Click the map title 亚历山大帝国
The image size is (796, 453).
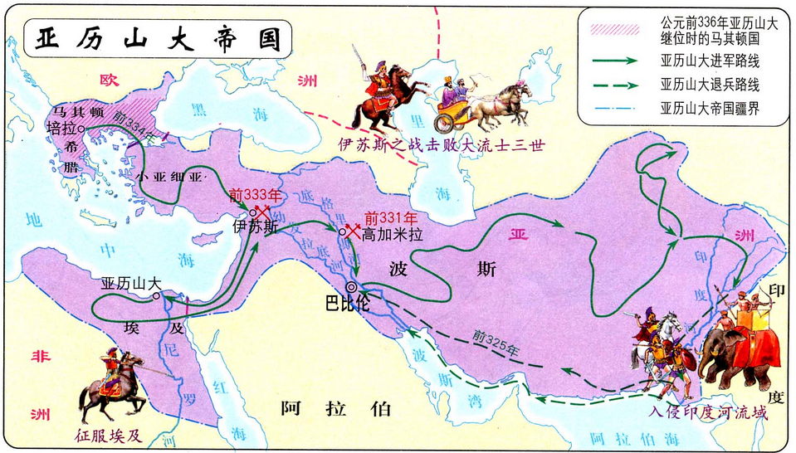150,38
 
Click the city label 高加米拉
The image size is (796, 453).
393,235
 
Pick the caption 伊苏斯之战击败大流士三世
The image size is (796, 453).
440,144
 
